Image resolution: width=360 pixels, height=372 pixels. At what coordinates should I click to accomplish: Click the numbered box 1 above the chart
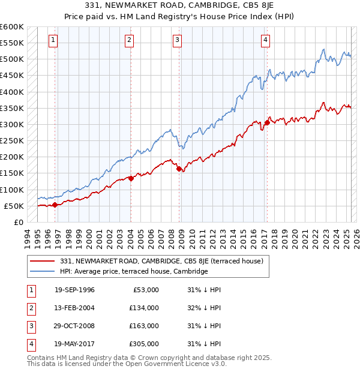53,40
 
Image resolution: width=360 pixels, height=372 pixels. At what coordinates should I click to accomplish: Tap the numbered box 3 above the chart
178,40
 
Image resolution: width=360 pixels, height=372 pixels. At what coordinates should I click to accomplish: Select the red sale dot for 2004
131,178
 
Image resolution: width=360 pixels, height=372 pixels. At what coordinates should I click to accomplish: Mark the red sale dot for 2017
266,123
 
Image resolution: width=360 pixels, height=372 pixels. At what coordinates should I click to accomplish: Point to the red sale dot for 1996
55,205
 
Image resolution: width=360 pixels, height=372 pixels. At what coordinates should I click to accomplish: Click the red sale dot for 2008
179,169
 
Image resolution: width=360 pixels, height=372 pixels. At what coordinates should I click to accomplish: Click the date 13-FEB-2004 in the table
74,308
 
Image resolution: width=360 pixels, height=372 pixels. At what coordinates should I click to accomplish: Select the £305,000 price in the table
144,344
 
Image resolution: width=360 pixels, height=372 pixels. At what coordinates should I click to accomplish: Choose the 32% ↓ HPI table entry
204,308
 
